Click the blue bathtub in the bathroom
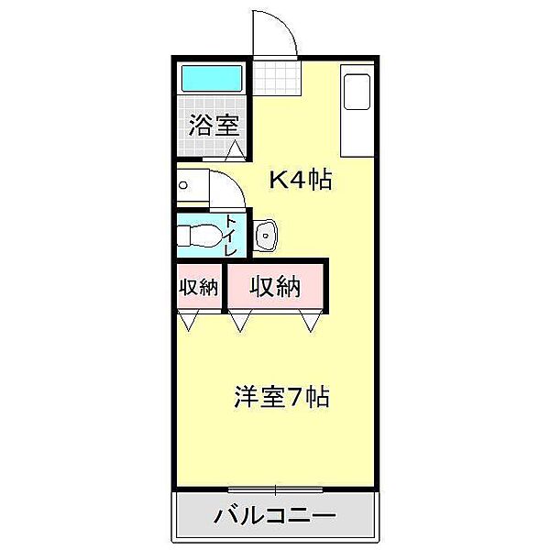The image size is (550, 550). point(212,79)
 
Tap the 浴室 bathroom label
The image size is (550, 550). point(214,126)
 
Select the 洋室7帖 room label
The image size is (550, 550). point(281,397)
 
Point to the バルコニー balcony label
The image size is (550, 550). point(274,515)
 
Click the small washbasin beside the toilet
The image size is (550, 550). point(267,235)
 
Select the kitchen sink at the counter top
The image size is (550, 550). point(356,91)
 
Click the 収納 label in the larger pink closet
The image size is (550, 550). point(276,287)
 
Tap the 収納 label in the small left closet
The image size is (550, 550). point(199,287)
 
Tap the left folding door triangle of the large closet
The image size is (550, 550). point(241,322)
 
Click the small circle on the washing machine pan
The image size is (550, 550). point(183,184)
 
